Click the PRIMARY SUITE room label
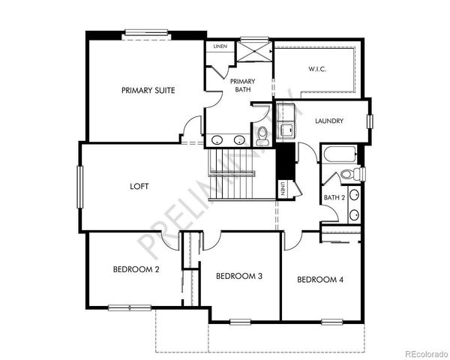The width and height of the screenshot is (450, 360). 148,90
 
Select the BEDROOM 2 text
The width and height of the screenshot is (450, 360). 136,269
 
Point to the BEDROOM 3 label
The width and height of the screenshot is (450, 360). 238,276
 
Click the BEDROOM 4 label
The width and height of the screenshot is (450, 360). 320,280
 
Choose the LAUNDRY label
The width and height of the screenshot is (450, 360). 329,121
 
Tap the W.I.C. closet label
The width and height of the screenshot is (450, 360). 317,70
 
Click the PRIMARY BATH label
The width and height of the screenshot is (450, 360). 242,85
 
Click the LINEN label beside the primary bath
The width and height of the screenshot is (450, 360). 219,46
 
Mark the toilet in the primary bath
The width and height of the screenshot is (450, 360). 262,136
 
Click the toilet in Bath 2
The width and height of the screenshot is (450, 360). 349,175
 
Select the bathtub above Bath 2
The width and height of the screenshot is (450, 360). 340,156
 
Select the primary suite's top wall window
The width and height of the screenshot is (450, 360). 145,32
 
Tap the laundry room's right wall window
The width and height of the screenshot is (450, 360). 369,121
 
